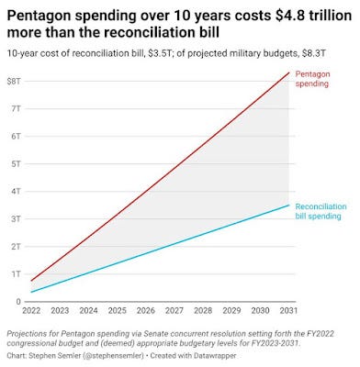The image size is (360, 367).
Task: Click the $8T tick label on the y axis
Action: (14, 82)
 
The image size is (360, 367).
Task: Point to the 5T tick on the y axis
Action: (16, 164)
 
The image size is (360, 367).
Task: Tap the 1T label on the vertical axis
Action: (16, 274)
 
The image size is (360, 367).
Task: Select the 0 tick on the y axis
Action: (18, 302)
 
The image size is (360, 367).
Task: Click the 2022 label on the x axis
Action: (31, 311)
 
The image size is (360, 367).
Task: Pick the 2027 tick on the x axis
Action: (174, 311)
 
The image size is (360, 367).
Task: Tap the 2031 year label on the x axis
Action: (288, 311)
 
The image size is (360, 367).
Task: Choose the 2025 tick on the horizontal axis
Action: (118, 311)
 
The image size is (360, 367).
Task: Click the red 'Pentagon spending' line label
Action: (312, 79)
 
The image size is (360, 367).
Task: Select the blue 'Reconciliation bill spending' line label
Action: (321, 211)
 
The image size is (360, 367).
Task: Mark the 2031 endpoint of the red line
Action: (288, 72)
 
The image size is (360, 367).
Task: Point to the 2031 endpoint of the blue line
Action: (288, 205)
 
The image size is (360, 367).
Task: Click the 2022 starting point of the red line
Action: (31, 281)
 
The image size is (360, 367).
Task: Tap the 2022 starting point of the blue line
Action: (31, 292)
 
